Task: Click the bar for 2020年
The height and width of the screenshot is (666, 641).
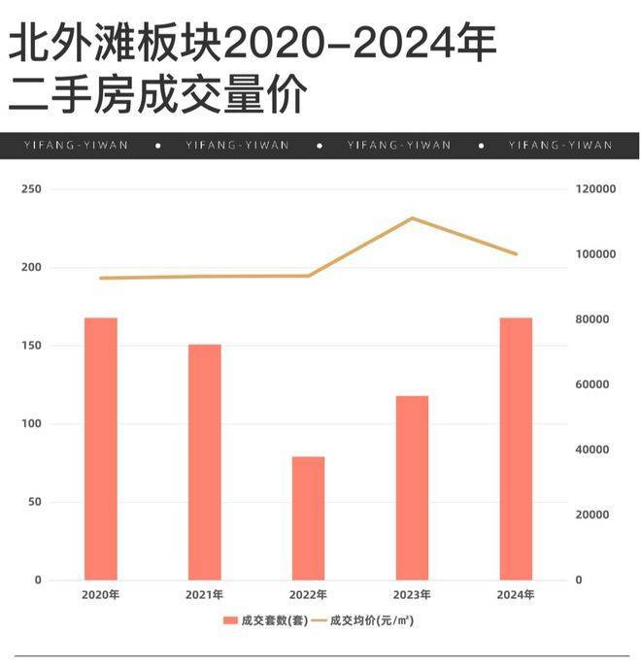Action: click(101, 449)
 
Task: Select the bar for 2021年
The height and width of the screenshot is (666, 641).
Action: click(205, 462)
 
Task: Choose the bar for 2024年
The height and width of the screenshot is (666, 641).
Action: click(517, 449)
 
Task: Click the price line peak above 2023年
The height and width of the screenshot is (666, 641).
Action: click(412, 218)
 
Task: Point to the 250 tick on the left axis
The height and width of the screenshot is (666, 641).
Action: click(32, 189)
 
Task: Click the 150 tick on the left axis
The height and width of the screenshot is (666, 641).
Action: click(32, 346)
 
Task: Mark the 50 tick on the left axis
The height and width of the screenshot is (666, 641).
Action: click(35, 502)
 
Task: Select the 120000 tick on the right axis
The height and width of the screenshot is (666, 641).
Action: click(594, 189)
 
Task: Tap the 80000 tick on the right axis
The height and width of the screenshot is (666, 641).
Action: click(591, 319)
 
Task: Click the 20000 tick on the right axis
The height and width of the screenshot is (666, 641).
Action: click(591, 515)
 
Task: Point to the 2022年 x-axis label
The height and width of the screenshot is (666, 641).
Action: click(309, 595)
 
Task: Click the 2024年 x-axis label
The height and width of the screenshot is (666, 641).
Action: click(517, 595)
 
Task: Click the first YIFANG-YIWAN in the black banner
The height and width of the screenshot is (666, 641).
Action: click(75, 146)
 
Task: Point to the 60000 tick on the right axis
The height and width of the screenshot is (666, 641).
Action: click(591, 384)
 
